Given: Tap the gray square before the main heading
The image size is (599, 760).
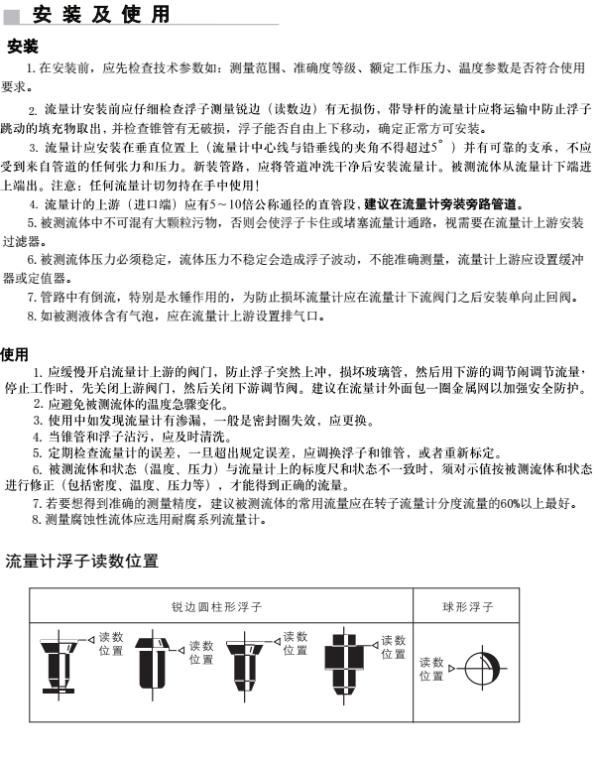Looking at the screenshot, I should click(12, 16).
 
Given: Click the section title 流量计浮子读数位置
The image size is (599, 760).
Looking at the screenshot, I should click(81, 561).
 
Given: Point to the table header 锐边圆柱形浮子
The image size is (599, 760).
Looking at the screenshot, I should click(217, 605).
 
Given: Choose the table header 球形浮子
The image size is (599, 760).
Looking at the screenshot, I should click(467, 605).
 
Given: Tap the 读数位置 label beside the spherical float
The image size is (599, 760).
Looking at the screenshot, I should click(431, 670).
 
